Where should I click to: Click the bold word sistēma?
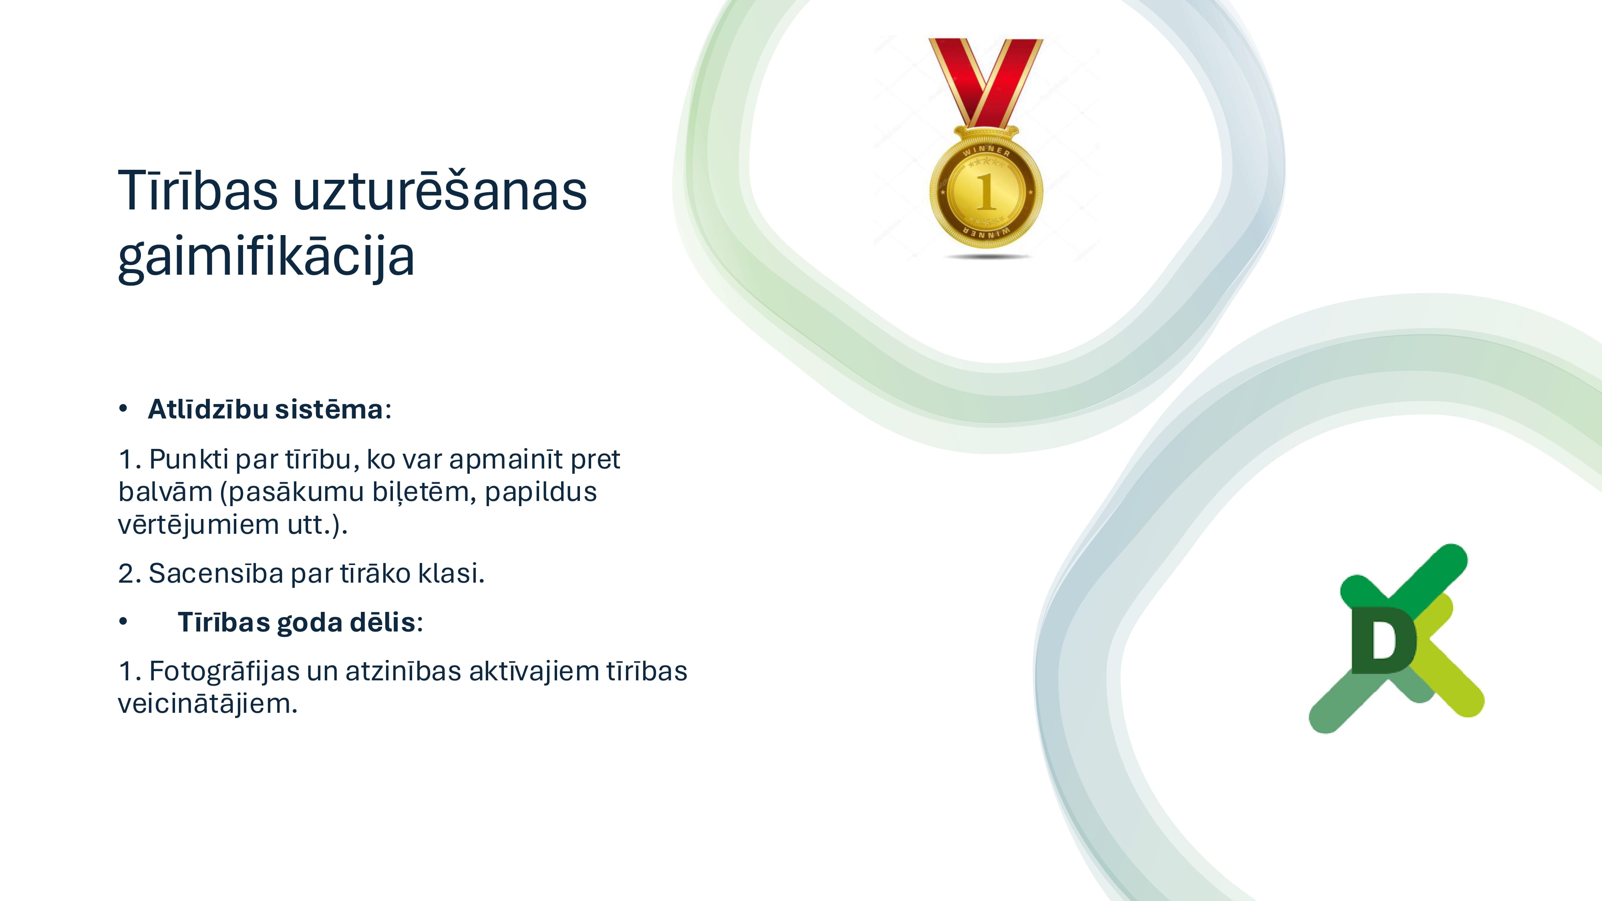click(329, 409)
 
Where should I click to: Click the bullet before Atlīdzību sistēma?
click(123, 408)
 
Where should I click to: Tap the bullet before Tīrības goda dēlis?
click(123, 621)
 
